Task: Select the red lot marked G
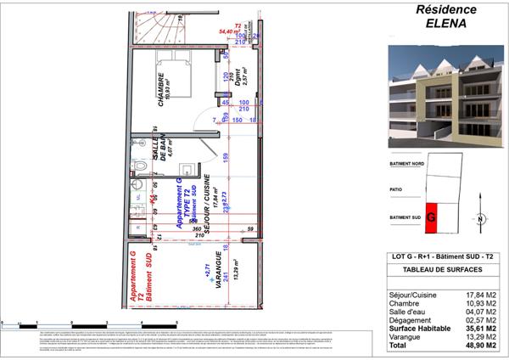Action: click(431, 217)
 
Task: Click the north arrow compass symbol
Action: click(480, 218)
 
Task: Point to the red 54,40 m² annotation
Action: click(230, 31)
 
